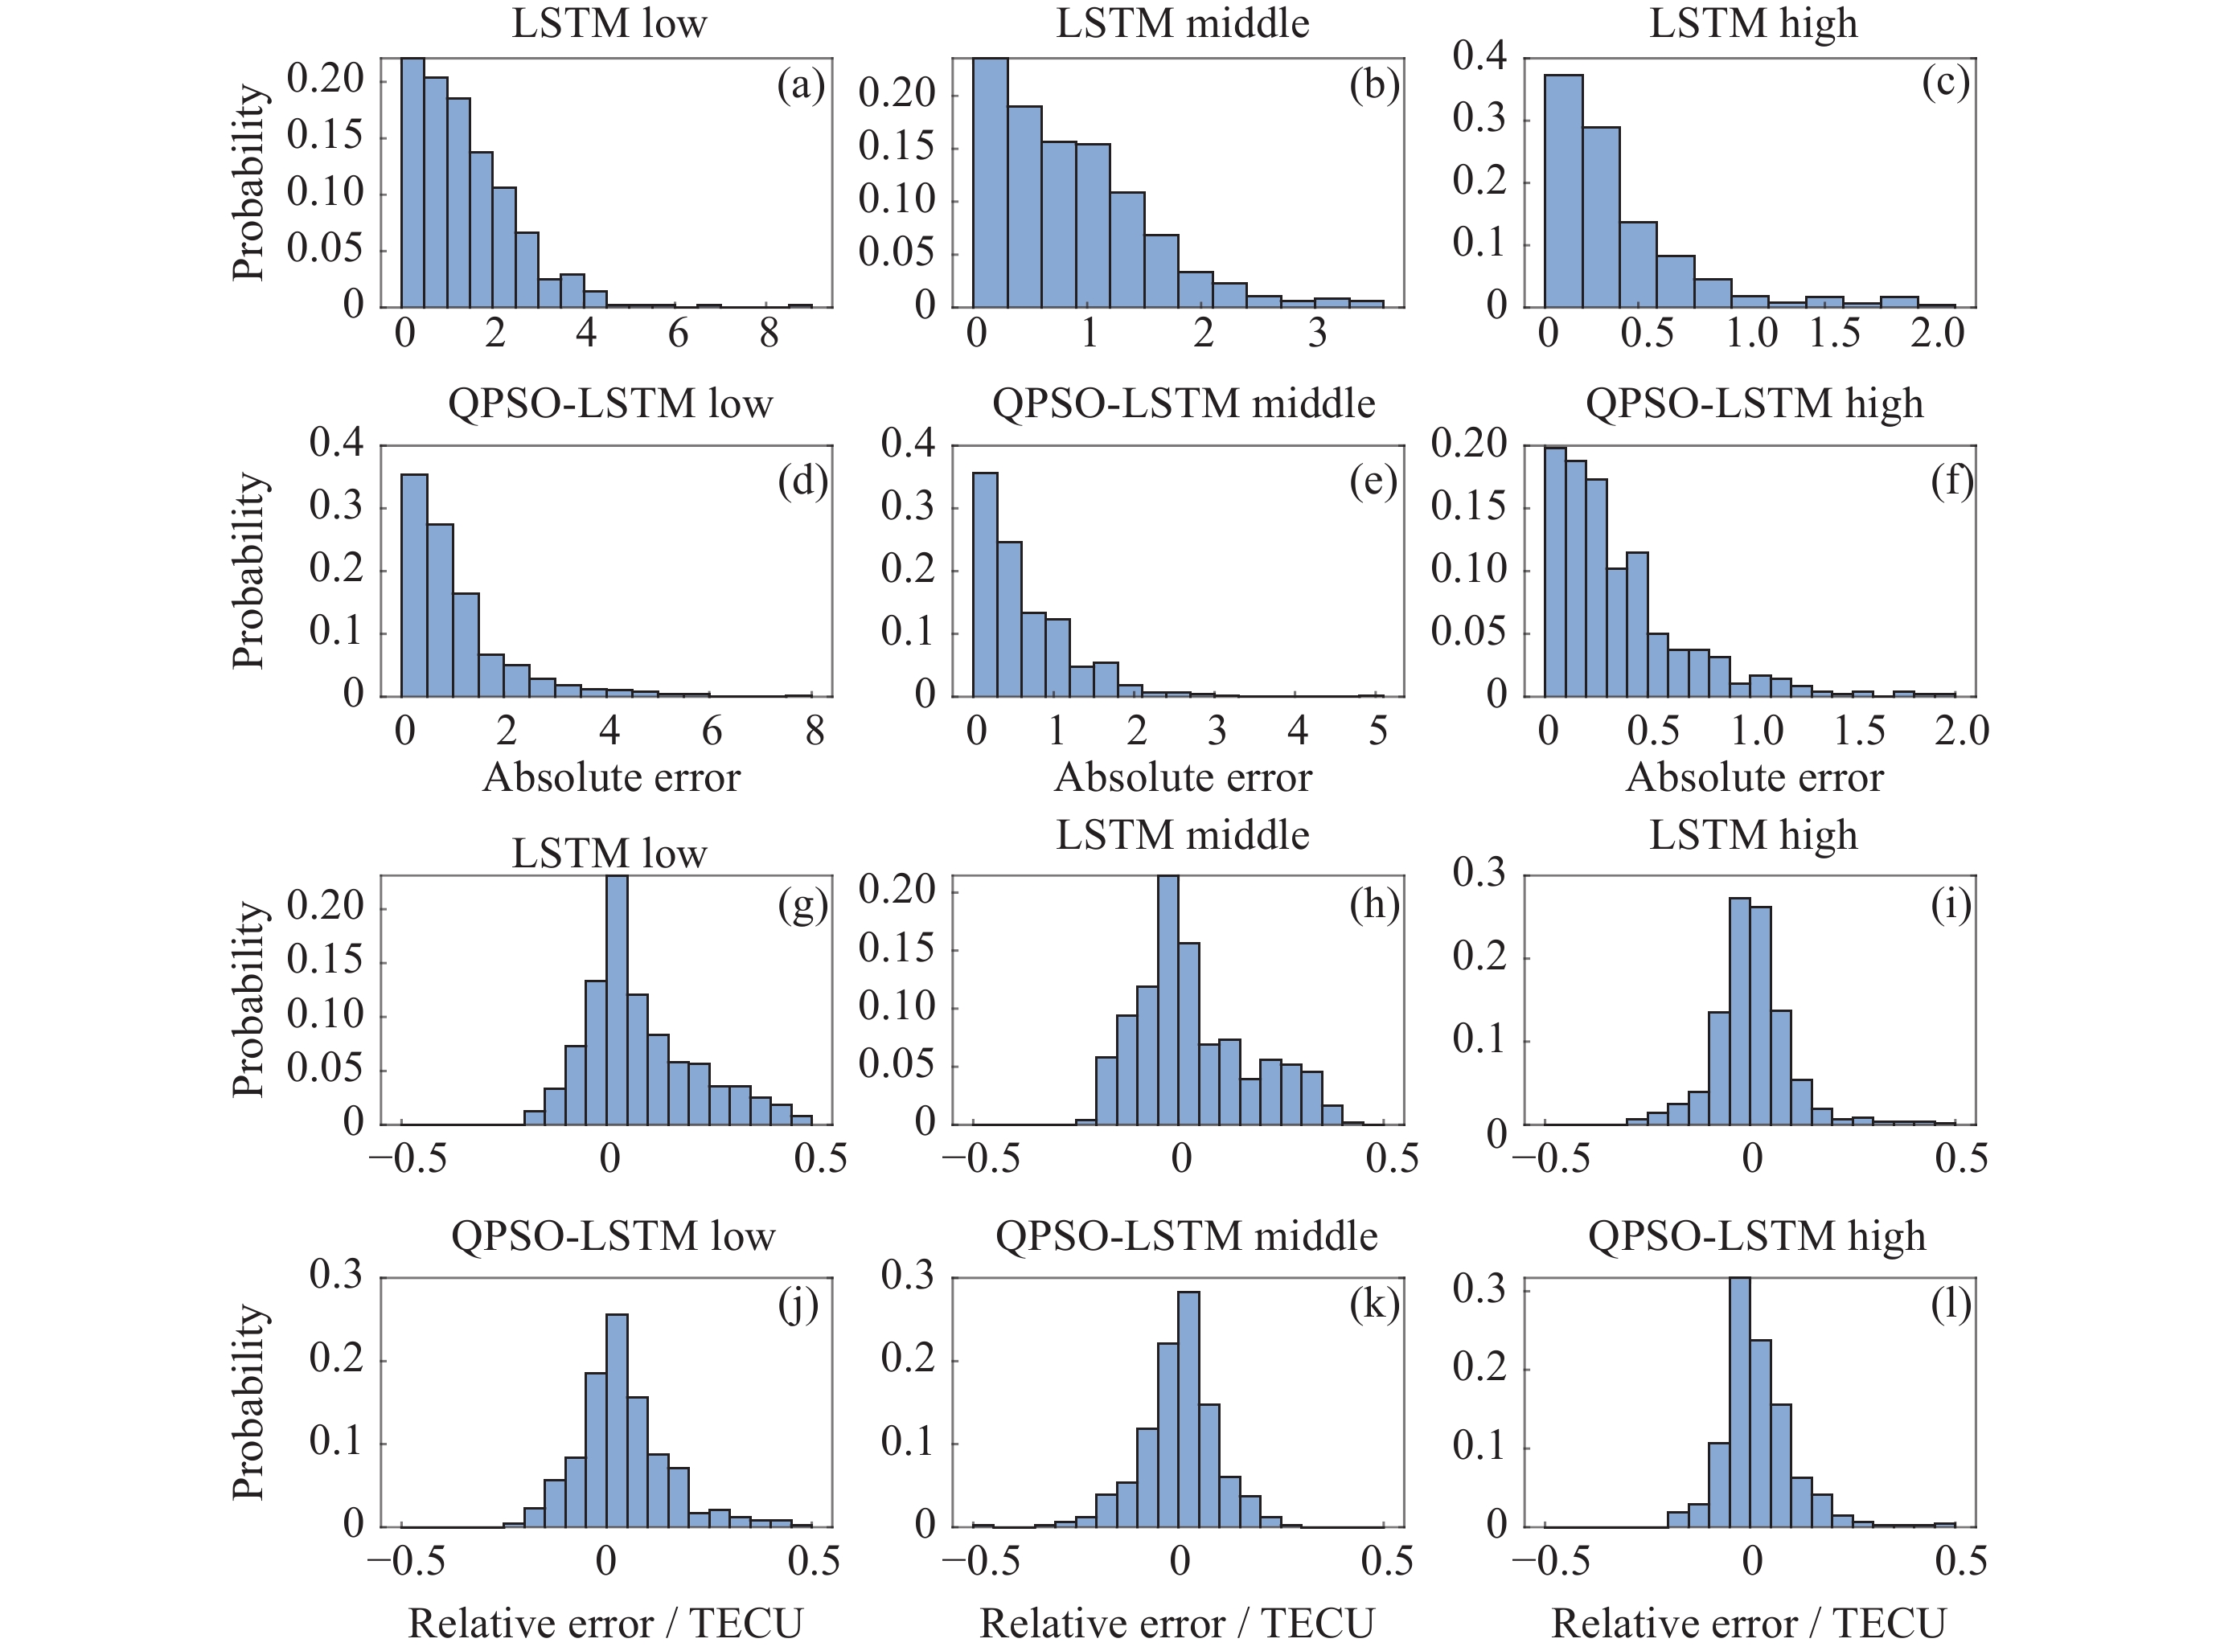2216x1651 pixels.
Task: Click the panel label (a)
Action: pyautogui.click(x=801, y=85)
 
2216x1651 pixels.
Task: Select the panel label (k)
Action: pyautogui.click(x=1373, y=1305)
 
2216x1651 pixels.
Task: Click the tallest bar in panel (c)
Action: pyautogui.click(x=1563, y=190)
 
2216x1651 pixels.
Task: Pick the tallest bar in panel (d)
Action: pyautogui.click(x=414, y=584)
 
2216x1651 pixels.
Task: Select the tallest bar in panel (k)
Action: pyautogui.click(x=1188, y=1409)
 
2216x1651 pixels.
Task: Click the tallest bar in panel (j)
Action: pyautogui.click(x=617, y=1420)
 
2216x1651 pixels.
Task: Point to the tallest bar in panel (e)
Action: pyautogui.click(x=984, y=584)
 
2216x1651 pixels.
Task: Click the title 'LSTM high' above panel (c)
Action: pyautogui.click(x=1753, y=23)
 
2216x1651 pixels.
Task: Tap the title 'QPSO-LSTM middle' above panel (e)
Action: pyautogui.click(x=1184, y=403)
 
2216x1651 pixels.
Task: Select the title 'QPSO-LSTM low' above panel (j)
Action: pyautogui.click(x=613, y=1236)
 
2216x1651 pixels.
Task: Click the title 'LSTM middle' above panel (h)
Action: pyautogui.click(x=1183, y=834)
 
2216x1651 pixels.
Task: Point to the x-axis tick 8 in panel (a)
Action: pyautogui.click(x=769, y=332)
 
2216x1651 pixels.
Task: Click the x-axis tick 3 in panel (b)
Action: pyautogui.click(x=1317, y=332)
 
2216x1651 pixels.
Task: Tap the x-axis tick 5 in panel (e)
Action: pyautogui.click(x=1377, y=730)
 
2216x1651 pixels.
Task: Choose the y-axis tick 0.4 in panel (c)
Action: pyautogui.click(x=1479, y=57)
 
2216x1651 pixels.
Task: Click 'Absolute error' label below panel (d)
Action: pyautogui.click(x=612, y=777)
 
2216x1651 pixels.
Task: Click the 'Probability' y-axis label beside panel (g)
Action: pyautogui.click(x=249, y=999)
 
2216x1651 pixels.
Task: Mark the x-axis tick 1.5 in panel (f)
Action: pyautogui.click(x=1859, y=730)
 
